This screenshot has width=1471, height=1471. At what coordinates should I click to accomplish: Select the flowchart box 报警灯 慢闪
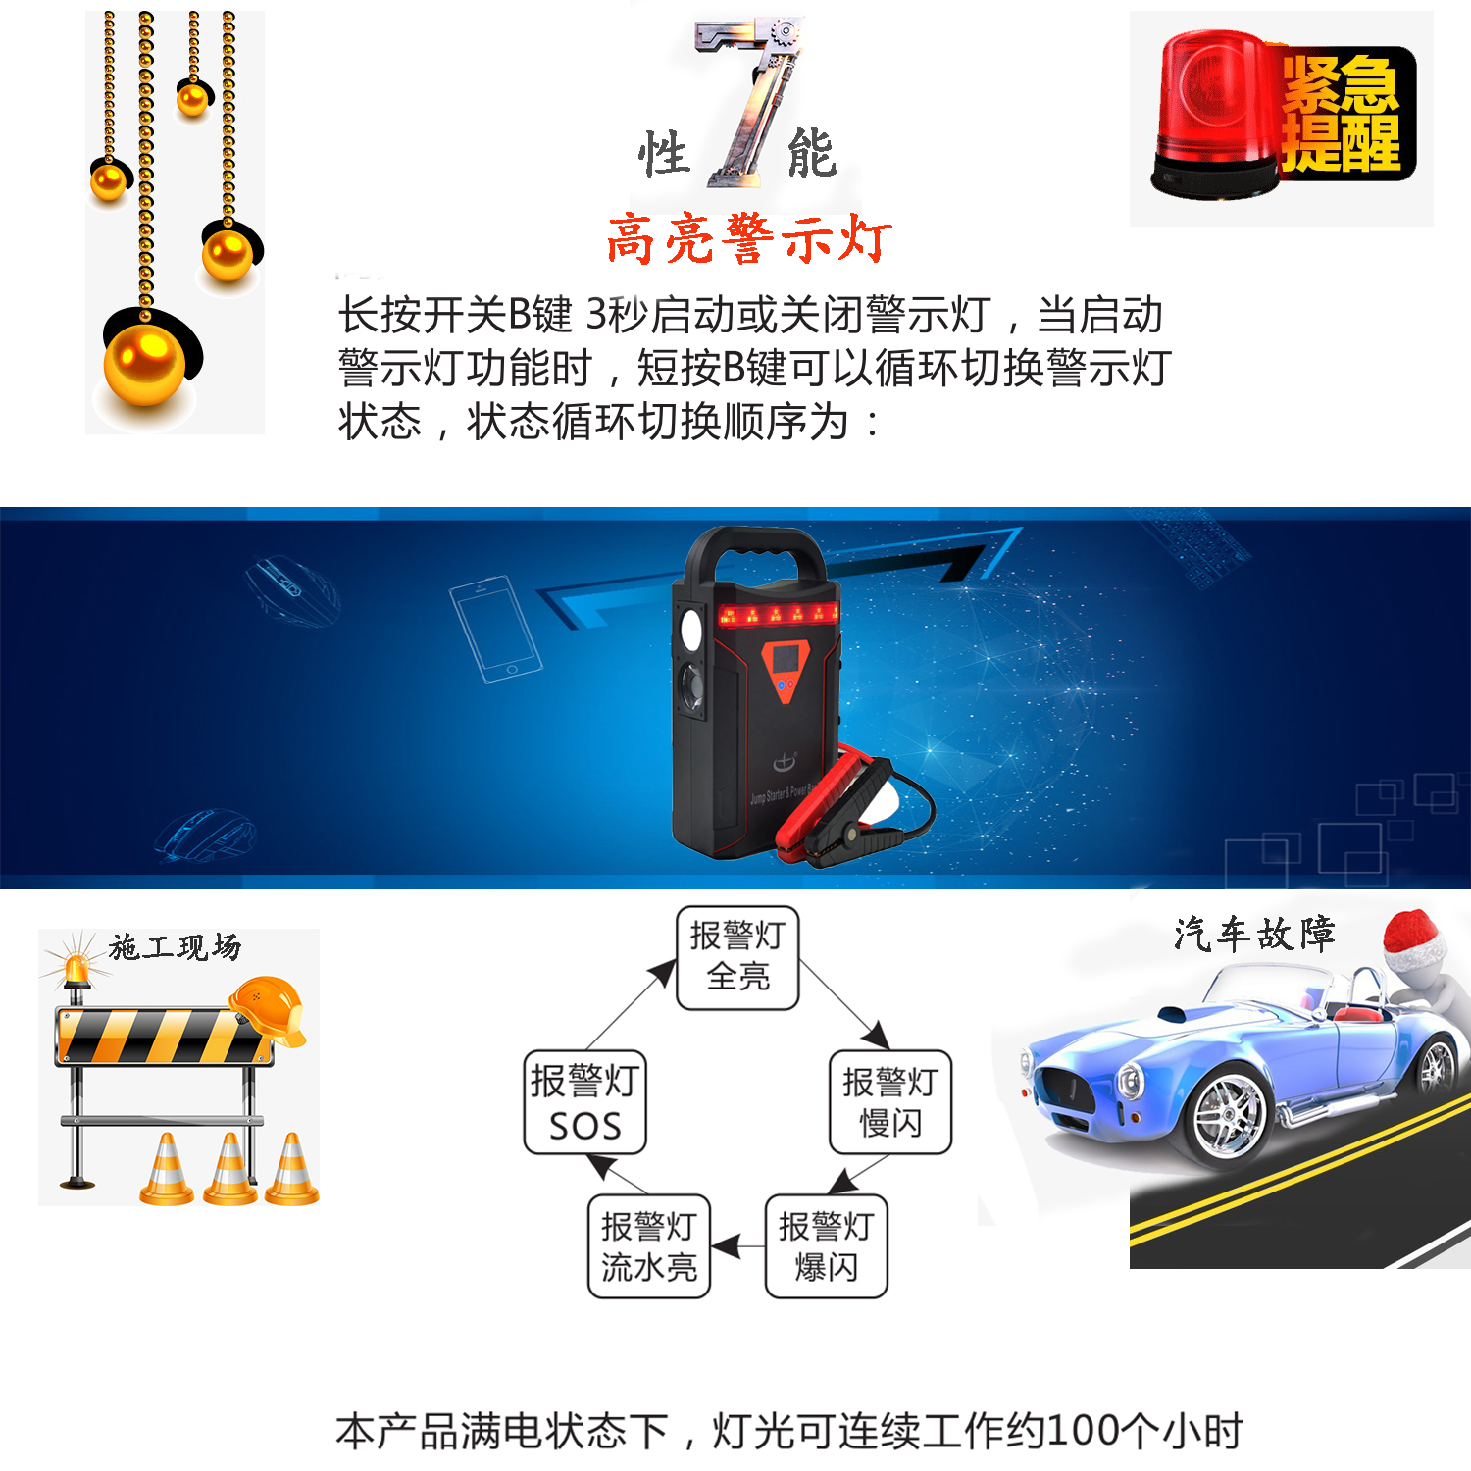coord(890,1102)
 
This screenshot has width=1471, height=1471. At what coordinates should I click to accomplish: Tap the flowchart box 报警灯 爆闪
coord(826,1246)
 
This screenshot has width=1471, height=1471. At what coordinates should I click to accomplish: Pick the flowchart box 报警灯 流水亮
coord(649,1246)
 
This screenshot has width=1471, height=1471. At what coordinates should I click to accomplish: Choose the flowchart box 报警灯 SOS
coord(585,1102)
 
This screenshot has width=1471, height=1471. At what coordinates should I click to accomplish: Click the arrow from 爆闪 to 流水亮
coord(737,1247)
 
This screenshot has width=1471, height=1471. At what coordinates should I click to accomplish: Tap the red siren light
coord(1216,113)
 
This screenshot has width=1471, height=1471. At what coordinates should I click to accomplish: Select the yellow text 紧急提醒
coord(1342,113)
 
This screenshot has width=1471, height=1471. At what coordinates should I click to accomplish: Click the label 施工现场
coord(175,946)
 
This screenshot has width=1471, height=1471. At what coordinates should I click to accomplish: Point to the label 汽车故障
coord(1254,934)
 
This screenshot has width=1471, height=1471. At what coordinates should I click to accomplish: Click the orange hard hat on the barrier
coord(268,1008)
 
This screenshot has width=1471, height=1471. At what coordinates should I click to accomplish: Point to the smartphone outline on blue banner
coord(495,629)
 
